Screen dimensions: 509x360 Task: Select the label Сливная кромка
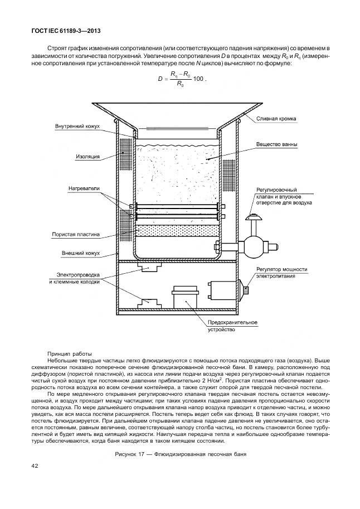click(x=276, y=118)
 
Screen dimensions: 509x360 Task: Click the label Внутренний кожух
click(x=77, y=127)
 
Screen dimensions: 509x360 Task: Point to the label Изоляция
click(x=87, y=157)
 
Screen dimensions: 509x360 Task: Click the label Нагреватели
click(x=85, y=188)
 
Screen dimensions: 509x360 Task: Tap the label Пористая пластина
click(x=75, y=235)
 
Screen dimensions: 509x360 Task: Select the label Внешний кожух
click(x=81, y=253)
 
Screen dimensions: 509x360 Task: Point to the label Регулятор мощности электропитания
click(x=281, y=272)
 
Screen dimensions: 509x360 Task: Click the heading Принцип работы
click(x=69, y=353)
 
